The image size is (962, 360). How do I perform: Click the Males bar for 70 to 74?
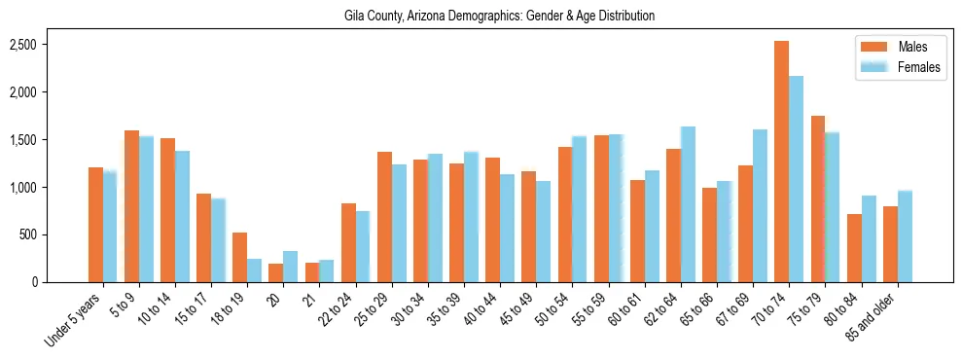pyautogui.click(x=781, y=162)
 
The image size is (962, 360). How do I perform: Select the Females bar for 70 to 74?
pyautogui.click(x=796, y=179)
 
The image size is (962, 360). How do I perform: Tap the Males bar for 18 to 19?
pyautogui.click(x=239, y=258)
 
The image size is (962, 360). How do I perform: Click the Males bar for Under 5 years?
pyautogui.click(x=95, y=225)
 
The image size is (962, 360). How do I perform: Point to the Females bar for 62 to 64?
pyautogui.click(x=688, y=204)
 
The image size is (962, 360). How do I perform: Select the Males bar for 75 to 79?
pyautogui.click(x=817, y=199)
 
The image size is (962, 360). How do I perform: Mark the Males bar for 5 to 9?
pyautogui.click(x=131, y=206)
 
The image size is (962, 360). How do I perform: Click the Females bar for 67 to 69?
pyautogui.click(x=760, y=205)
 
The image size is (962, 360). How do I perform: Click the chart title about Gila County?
pyautogui.click(x=499, y=17)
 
